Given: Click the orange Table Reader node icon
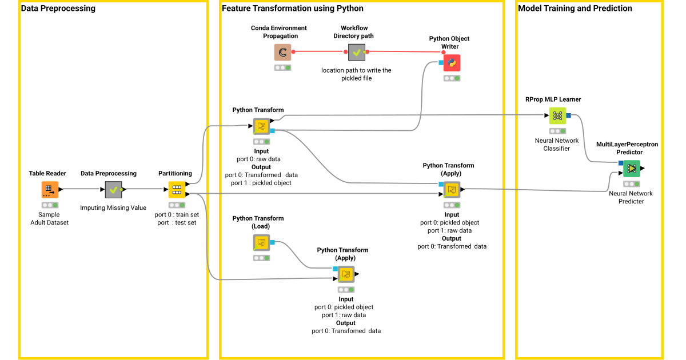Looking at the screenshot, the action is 50,190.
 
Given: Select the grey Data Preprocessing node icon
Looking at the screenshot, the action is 113,190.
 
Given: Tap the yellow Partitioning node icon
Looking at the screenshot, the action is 177,190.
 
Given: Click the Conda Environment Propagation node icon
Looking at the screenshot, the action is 282,53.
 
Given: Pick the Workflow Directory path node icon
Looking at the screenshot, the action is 357,53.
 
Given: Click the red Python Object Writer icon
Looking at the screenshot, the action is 452,63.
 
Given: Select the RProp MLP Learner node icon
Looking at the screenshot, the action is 557,115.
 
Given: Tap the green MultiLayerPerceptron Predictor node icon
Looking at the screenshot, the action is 632,169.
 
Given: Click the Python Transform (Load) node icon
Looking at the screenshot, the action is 261,243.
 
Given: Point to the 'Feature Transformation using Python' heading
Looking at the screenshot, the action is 293,8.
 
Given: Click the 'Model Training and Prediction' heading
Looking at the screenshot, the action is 575,8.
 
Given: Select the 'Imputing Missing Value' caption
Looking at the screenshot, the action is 113,207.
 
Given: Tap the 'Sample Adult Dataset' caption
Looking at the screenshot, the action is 49,218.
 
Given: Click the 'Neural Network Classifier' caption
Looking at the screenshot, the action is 556,145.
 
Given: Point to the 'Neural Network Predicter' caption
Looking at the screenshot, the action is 631,198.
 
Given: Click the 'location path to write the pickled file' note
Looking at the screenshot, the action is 356,74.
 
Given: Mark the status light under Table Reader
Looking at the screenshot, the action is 50,205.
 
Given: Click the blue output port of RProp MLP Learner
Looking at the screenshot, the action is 568,115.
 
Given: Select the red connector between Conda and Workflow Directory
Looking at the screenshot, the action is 320,51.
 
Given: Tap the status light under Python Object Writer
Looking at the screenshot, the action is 452,78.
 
